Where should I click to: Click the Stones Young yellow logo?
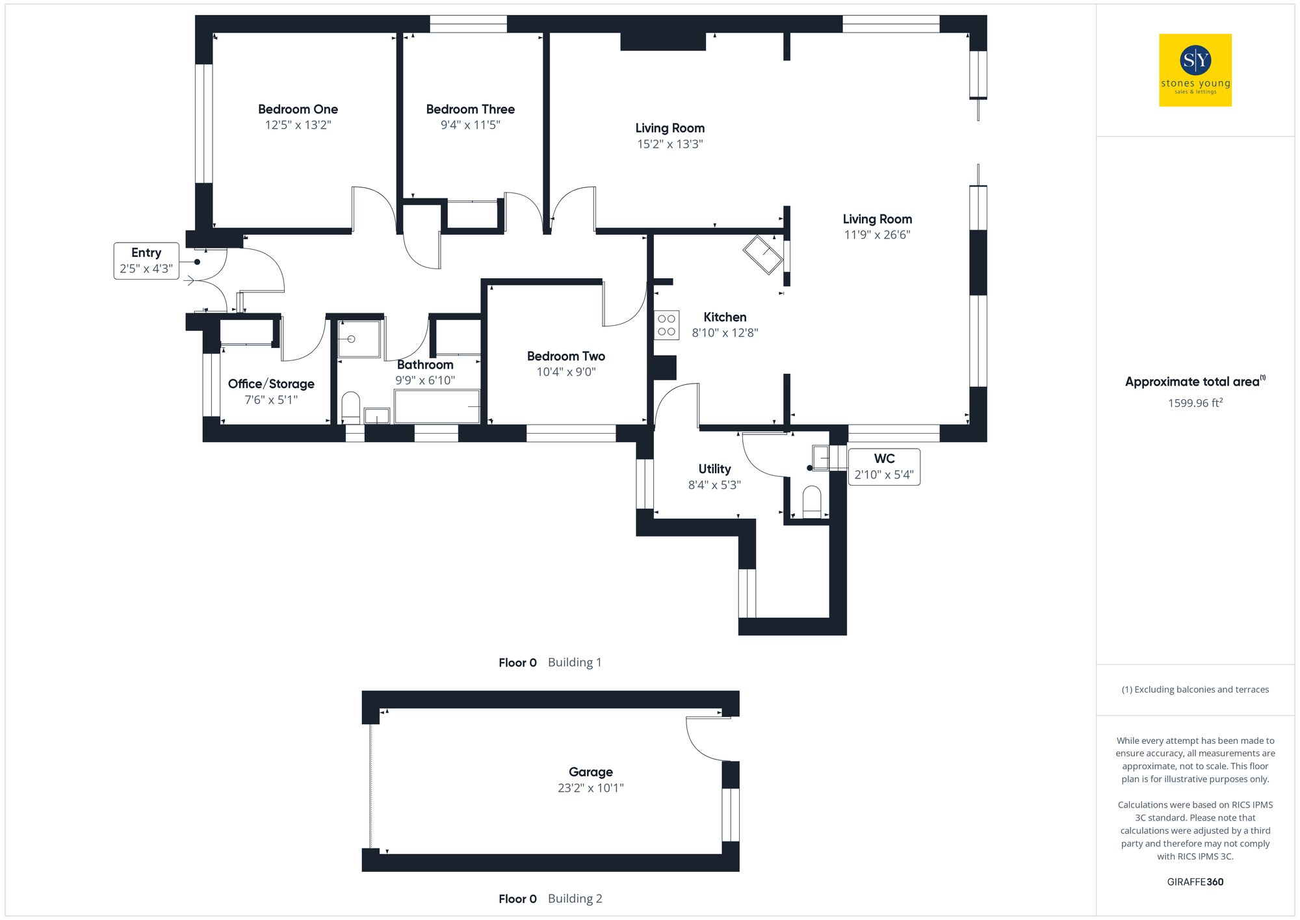pyautogui.click(x=1195, y=70)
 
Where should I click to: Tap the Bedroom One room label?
pyautogui.click(x=298, y=109)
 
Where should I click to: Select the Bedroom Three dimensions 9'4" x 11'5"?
pyautogui.click(x=470, y=125)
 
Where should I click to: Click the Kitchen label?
pyautogui.click(x=725, y=317)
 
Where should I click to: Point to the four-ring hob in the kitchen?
pyautogui.click(x=666, y=325)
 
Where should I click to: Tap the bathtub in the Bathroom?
pyautogui.click(x=437, y=406)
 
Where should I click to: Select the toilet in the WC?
pyautogui.click(x=812, y=501)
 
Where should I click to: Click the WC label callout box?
pyautogui.click(x=884, y=466)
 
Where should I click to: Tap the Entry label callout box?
pyautogui.click(x=146, y=261)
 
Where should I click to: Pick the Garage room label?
pyautogui.click(x=590, y=772)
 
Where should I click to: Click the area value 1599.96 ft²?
pyautogui.click(x=1195, y=403)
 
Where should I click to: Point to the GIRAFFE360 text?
pyautogui.click(x=1195, y=882)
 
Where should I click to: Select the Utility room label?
pyautogui.click(x=714, y=469)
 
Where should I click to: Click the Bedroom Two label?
pyautogui.click(x=565, y=356)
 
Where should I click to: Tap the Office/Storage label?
pyautogui.click(x=271, y=384)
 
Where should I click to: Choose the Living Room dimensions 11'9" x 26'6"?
pyautogui.click(x=877, y=235)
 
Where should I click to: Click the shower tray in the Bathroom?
pyautogui.click(x=358, y=339)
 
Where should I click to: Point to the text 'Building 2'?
pyautogui.click(x=575, y=899)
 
